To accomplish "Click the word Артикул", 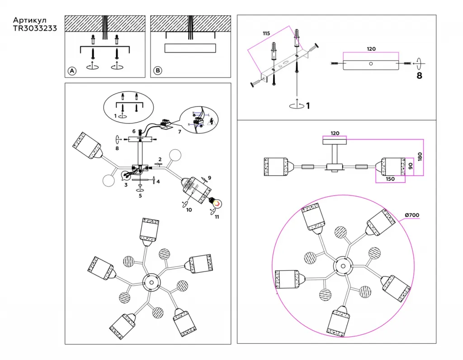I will click(29, 20).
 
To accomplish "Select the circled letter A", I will click(71, 71).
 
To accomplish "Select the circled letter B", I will click(157, 71).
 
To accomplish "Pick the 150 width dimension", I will click(390, 179).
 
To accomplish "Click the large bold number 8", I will click(419, 76).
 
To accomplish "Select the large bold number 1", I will click(308, 106).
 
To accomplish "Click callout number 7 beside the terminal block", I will click(180, 132).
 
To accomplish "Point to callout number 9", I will click(209, 177).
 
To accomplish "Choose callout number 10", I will click(189, 209).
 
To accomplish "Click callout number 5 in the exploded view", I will click(140, 196).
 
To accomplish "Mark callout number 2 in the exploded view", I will click(160, 159).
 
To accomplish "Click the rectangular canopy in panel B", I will click(189, 48).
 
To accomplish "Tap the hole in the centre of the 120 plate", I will click(371, 64).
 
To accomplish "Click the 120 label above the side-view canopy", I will click(335, 133).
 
